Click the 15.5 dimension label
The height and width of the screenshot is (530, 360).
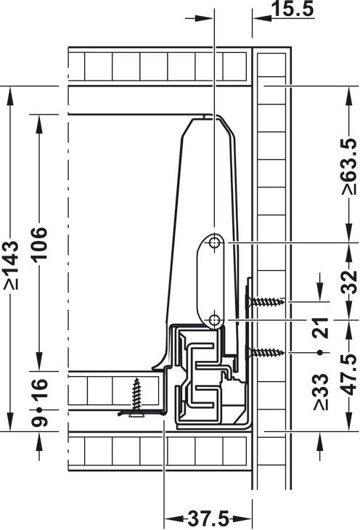[292, 9]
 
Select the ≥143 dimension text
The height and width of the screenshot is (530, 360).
[12, 265]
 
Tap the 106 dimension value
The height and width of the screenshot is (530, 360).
[39, 243]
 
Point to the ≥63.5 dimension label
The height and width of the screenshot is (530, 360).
[349, 166]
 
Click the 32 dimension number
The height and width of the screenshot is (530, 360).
[349, 282]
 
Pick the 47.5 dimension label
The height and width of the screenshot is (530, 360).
[349, 374]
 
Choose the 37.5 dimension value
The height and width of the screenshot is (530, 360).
[208, 518]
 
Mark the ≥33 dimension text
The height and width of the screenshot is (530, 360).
[321, 391]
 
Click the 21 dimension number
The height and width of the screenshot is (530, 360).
[321, 327]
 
